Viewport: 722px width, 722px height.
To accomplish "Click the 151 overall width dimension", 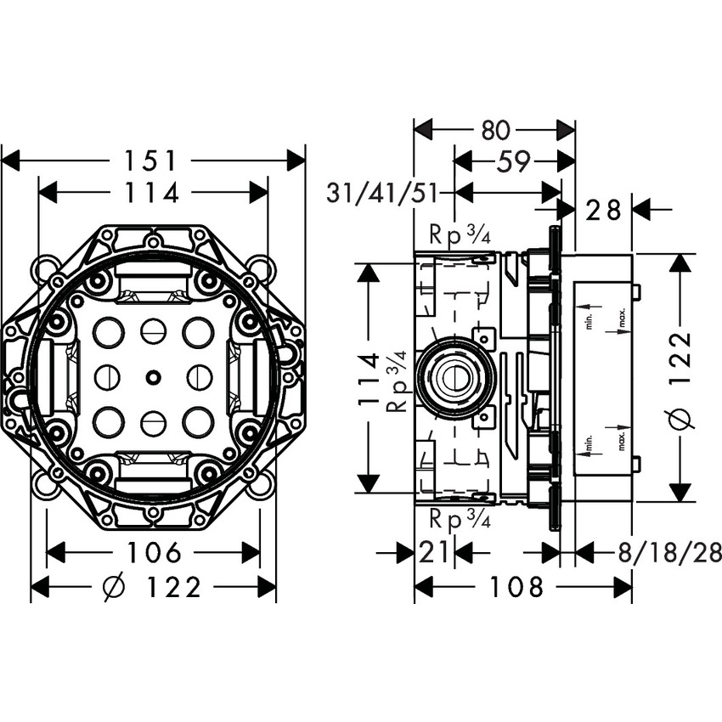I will pyautogui.click(x=153, y=160).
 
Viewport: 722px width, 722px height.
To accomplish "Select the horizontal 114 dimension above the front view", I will pyautogui.click(x=153, y=193).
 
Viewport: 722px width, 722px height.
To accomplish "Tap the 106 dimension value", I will pyautogui.click(x=153, y=553).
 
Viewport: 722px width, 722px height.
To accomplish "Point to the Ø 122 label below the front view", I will pyautogui.click(x=153, y=587).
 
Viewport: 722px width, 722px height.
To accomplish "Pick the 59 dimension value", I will pyautogui.click(x=513, y=161).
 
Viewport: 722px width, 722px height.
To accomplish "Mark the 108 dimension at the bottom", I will pyautogui.click(x=518, y=587).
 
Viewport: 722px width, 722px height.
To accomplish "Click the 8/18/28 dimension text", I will pyautogui.click(x=669, y=553).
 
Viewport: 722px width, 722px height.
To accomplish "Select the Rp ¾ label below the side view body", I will pyautogui.click(x=460, y=518).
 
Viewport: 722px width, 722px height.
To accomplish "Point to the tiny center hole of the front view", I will pyautogui.click(x=153, y=376).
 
